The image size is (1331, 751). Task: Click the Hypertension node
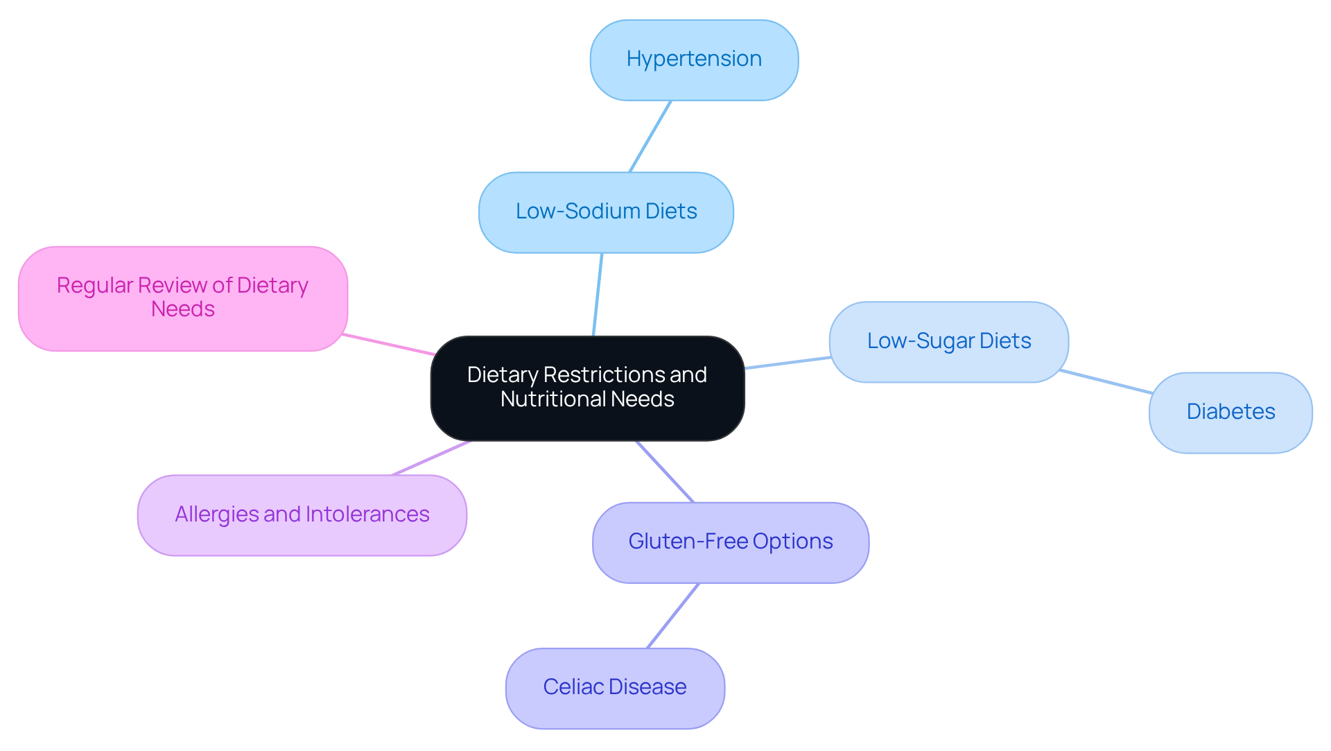pyautogui.click(x=694, y=60)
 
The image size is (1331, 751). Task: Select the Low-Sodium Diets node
pyautogui.click(x=606, y=212)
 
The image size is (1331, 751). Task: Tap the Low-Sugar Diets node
pyautogui.click(x=948, y=342)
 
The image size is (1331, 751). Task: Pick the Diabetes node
pyautogui.click(x=1230, y=413)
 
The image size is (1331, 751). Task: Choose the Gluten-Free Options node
pyautogui.click(x=730, y=542)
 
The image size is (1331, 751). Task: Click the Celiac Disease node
pyautogui.click(x=615, y=688)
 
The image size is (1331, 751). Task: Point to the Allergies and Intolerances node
pyautogui.click(x=302, y=515)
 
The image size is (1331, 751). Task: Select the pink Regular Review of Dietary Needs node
pyautogui.click(x=182, y=298)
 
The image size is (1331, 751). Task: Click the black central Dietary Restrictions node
pyautogui.click(x=587, y=388)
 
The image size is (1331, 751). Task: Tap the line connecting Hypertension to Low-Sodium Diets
pyautogui.click(x=650, y=137)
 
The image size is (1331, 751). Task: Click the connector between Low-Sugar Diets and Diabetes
pyautogui.click(x=1106, y=382)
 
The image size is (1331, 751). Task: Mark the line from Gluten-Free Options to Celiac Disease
pyautogui.click(x=672, y=616)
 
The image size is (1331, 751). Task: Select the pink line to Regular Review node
pyautogui.click(x=389, y=345)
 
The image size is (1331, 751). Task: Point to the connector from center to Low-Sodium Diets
pyautogui.click(x=598, y=295)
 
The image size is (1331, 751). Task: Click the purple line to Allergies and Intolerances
pyautogui.click(x=431, y=458)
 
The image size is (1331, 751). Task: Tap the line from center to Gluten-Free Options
pyautogui.click(x=665, y=472)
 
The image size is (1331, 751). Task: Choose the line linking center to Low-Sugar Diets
pyautogui.click(x=788, y=363)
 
